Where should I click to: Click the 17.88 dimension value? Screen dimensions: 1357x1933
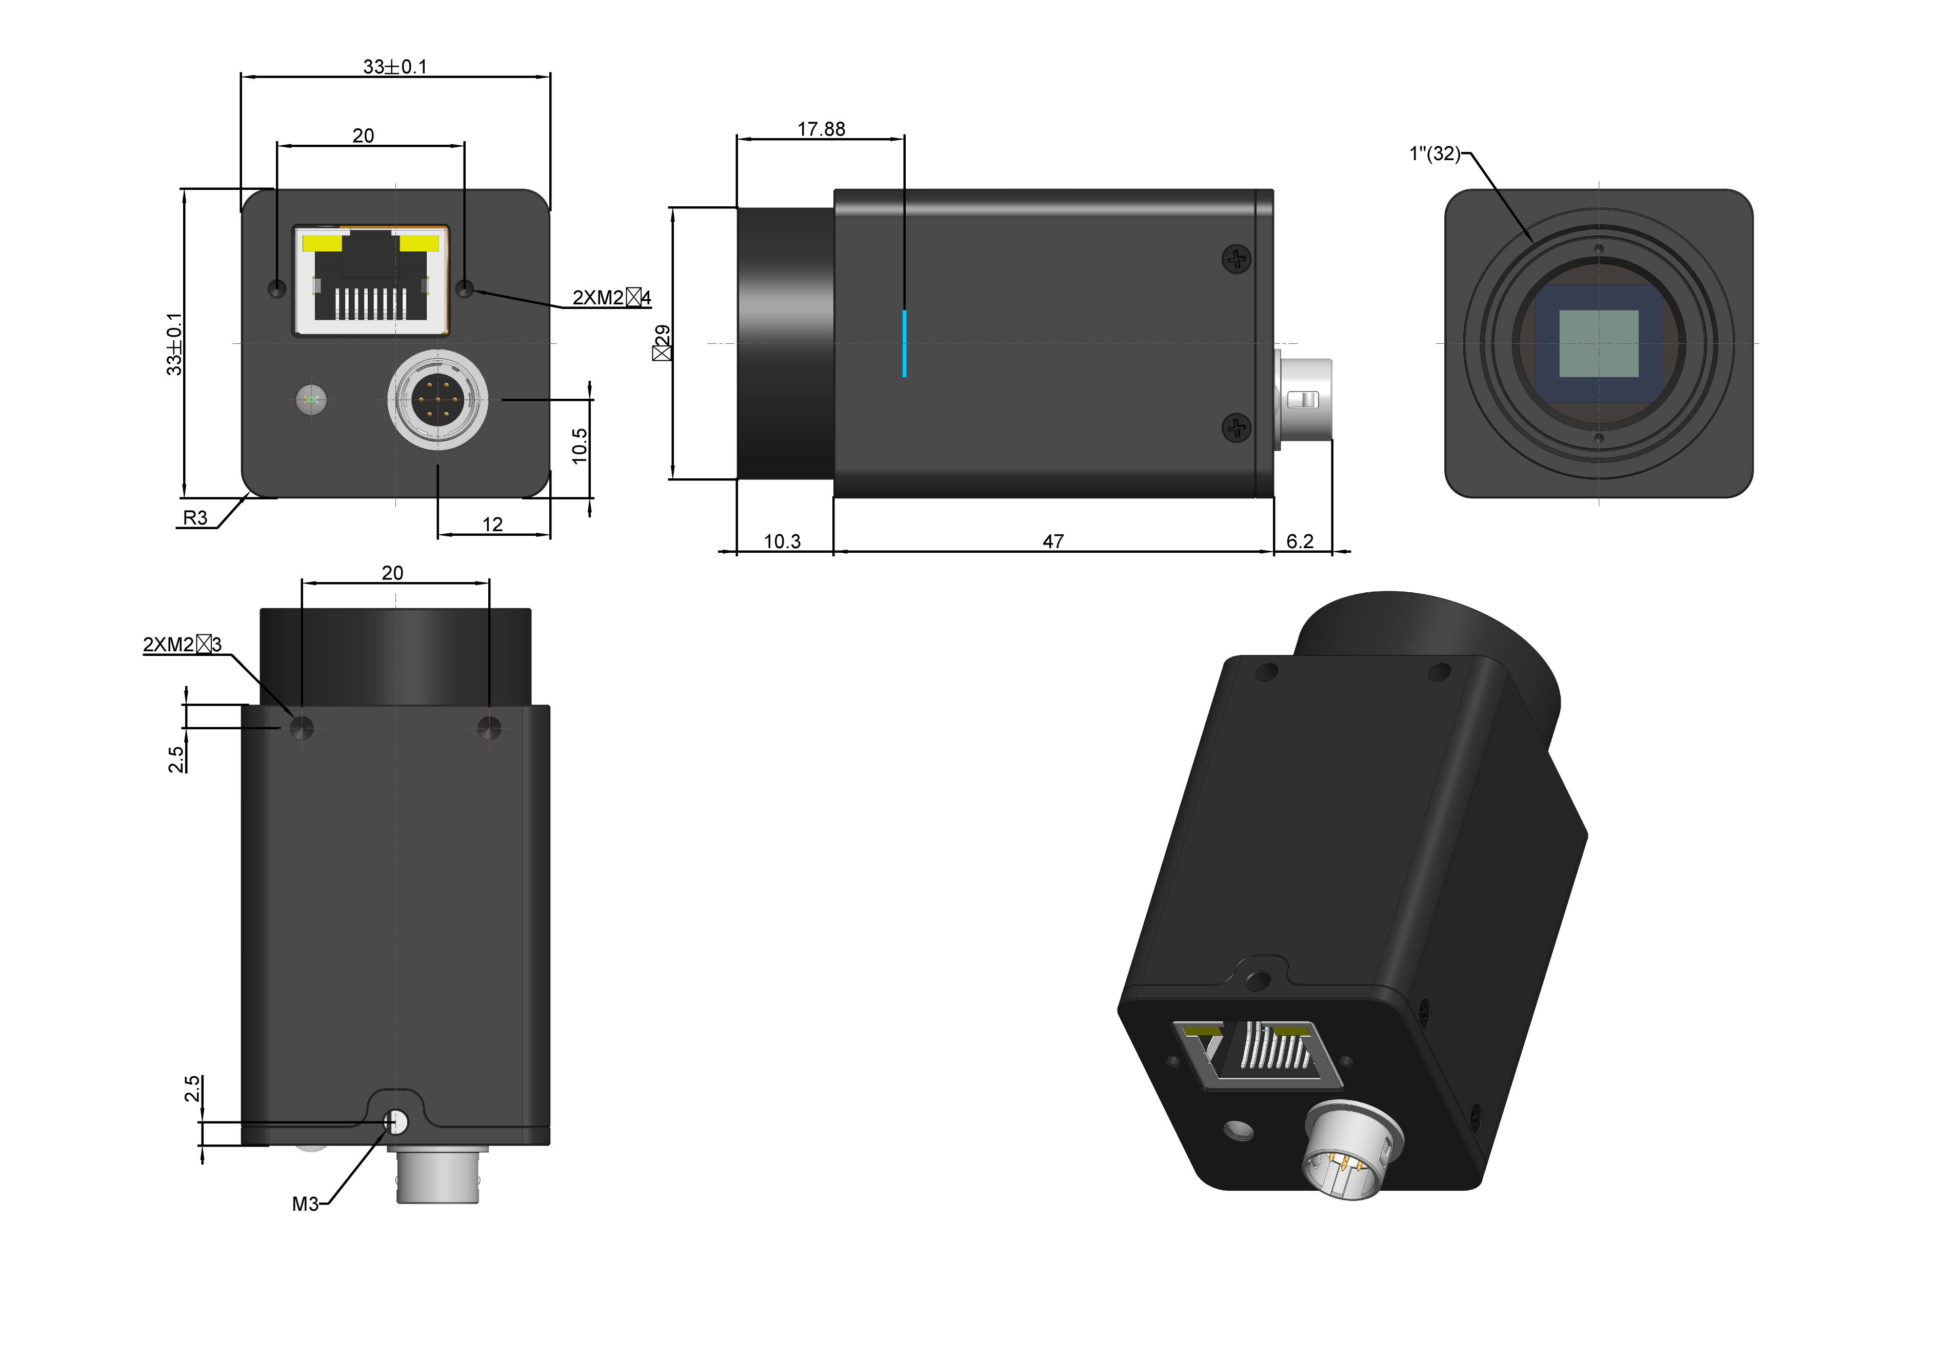click(x=821, y=129)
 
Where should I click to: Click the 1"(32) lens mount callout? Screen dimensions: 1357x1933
click(x=1434, y=153)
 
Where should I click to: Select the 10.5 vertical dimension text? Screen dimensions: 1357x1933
click(x=579, y=445)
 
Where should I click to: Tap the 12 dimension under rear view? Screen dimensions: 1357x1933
click(x=492, y=524)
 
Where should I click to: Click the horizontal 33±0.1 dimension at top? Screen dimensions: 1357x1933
click(x=395, y=67)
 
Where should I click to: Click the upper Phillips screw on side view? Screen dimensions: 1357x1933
click(x=1236, y=259)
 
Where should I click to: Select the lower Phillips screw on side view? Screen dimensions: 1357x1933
click(x=1236, y=428)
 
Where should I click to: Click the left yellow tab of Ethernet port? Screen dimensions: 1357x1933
click(x=323, y=243)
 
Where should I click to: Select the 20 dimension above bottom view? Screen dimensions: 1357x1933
click(x=392, y=573)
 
